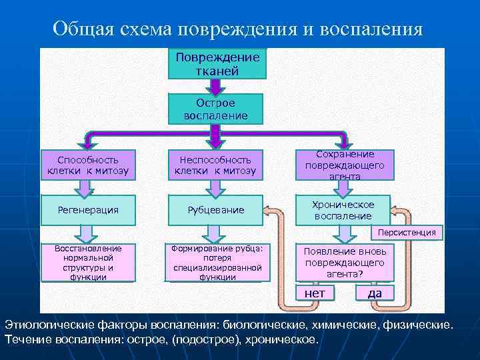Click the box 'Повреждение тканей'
[x=217, y=64]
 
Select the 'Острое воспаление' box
[x=216, y=109]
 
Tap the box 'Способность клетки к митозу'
[x=88, y=165]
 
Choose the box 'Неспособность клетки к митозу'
[x=215, y=165]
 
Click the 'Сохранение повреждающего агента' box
[x=345, y=165]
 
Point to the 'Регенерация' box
[x=88, y=210]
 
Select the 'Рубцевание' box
[x=215, y=210]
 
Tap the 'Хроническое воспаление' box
[x=344, y=210]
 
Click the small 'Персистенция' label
[x=407, y=233]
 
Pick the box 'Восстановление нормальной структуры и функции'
[x=88, y=263]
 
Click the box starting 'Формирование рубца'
[x=215, y=263]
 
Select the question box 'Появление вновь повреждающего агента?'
[x=345, y=263]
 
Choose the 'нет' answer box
[x=315, y=293]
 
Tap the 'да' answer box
[x=375, y=293]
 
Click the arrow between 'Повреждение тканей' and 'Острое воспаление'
[x=216, y=86]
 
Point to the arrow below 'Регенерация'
[x=88, y=232]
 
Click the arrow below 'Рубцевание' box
[x=215, y=232]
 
